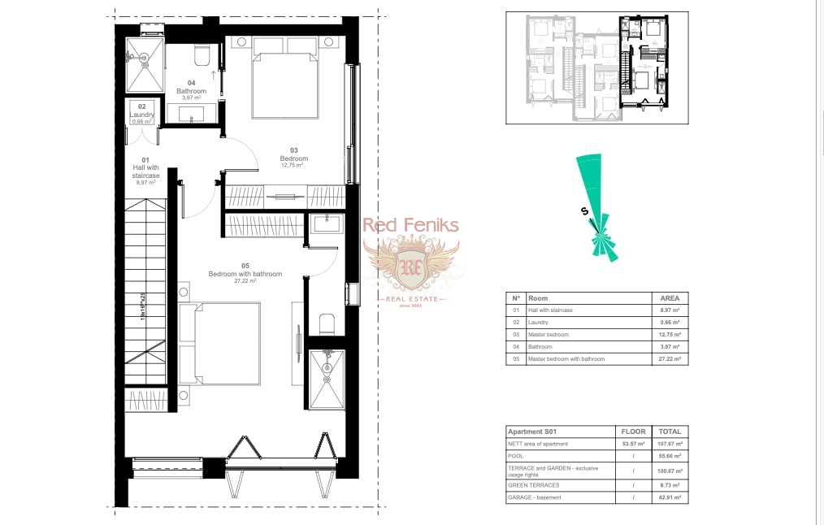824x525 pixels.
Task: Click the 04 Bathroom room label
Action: (192, 90)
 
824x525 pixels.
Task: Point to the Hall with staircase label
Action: (146, 171)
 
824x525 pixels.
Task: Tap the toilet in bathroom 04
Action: (203, 54)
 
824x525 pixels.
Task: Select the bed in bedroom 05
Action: (221, 343)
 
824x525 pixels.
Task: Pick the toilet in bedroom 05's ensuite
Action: (327, 323)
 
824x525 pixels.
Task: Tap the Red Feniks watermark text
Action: (410, 226)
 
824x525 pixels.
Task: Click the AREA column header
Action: (670, 298)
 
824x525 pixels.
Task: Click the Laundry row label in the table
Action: (540, 323)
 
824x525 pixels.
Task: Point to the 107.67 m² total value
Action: (670, 444)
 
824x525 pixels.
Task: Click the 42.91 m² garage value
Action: (670, 497)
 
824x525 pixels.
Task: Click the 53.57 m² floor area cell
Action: (633, 444)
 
